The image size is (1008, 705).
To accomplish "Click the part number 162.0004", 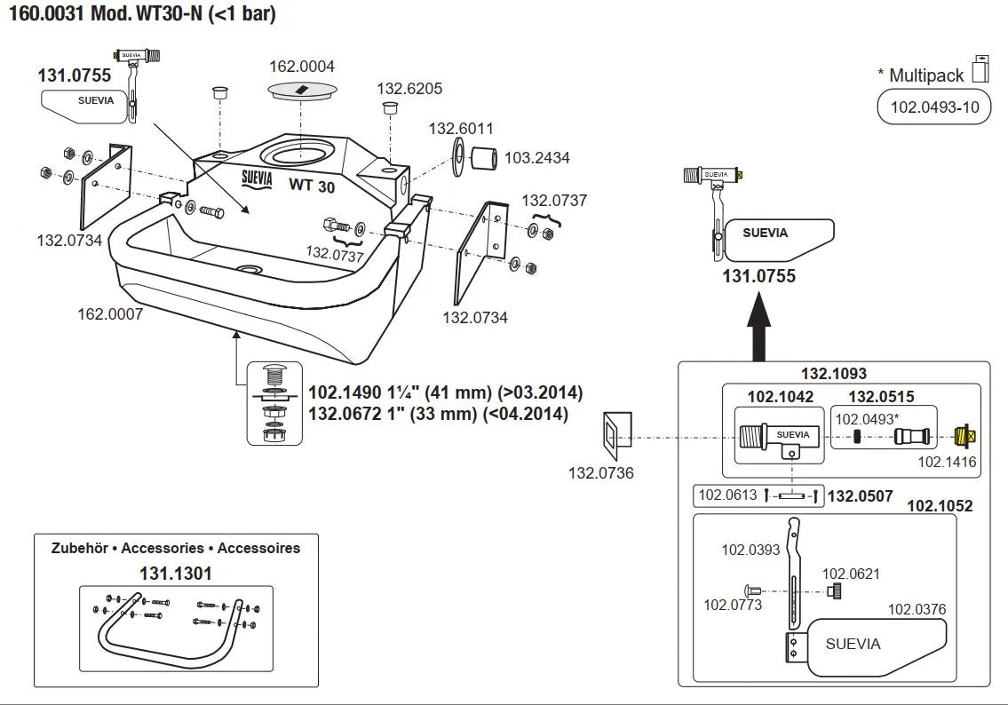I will [x=303, y=67].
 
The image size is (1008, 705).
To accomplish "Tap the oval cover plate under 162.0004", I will [x=303, y=90].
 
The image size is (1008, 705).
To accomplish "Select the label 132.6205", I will [x=409, y=88].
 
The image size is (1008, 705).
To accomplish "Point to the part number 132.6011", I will [x=461, y=128].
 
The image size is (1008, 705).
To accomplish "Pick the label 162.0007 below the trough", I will [x=110, y=313].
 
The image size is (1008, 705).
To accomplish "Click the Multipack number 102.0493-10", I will [x=934, y=108].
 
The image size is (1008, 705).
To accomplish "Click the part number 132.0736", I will [x=601, y=473].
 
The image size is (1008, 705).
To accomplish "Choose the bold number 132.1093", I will [x=834, y=375].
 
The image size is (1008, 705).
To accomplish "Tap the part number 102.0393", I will [x=750, y=550].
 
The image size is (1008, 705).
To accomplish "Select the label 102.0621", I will [x=851, y=574].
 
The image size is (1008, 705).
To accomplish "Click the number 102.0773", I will [x=733, y=605].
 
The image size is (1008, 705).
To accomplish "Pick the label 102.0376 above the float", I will [x=917, y=609].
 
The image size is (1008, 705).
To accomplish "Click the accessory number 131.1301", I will [x=176, y=574].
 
